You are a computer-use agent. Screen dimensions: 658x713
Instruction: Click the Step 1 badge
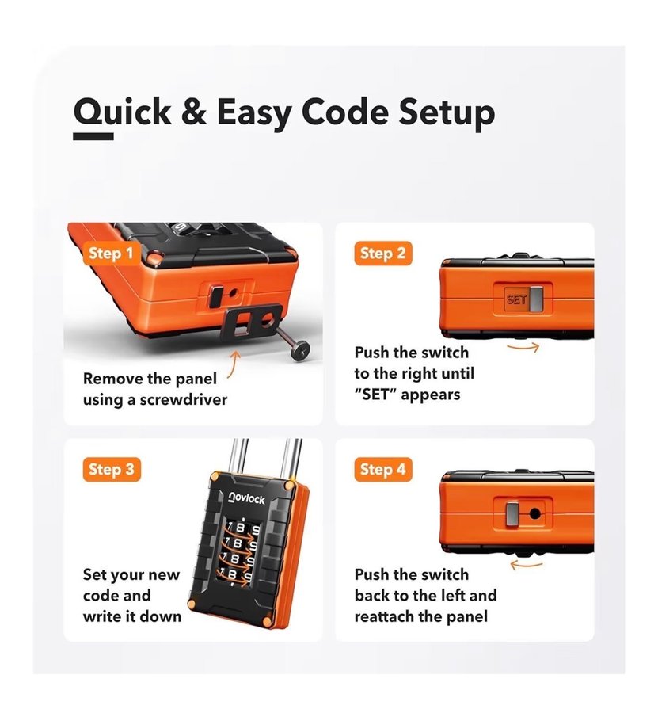coord(111,254)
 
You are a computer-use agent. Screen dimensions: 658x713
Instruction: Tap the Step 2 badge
coord(382,254)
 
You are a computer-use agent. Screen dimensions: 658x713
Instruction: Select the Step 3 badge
coord(112,469)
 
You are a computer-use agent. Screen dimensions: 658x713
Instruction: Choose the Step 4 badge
coord(382,469)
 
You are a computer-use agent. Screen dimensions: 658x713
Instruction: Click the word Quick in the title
coord(122,112)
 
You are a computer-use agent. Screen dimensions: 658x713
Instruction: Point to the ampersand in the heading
coord(194,111)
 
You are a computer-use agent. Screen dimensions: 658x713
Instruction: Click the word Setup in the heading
coord(447,112)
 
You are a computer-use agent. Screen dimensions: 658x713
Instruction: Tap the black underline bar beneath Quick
coord(93,136)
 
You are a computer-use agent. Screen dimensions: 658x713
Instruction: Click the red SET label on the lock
coord(516,299)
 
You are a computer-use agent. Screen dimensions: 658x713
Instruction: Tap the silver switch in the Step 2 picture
coord(536,299)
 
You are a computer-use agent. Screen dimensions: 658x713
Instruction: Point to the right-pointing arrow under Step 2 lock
coord(523,348)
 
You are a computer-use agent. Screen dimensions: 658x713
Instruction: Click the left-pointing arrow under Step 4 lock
coord(527,565)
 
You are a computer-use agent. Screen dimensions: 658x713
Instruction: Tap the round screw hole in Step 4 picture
coord(534,514)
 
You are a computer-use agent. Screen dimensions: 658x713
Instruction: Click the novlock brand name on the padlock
coord(246,499)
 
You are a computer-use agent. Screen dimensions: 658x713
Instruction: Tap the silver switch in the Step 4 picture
coord(513,514)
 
